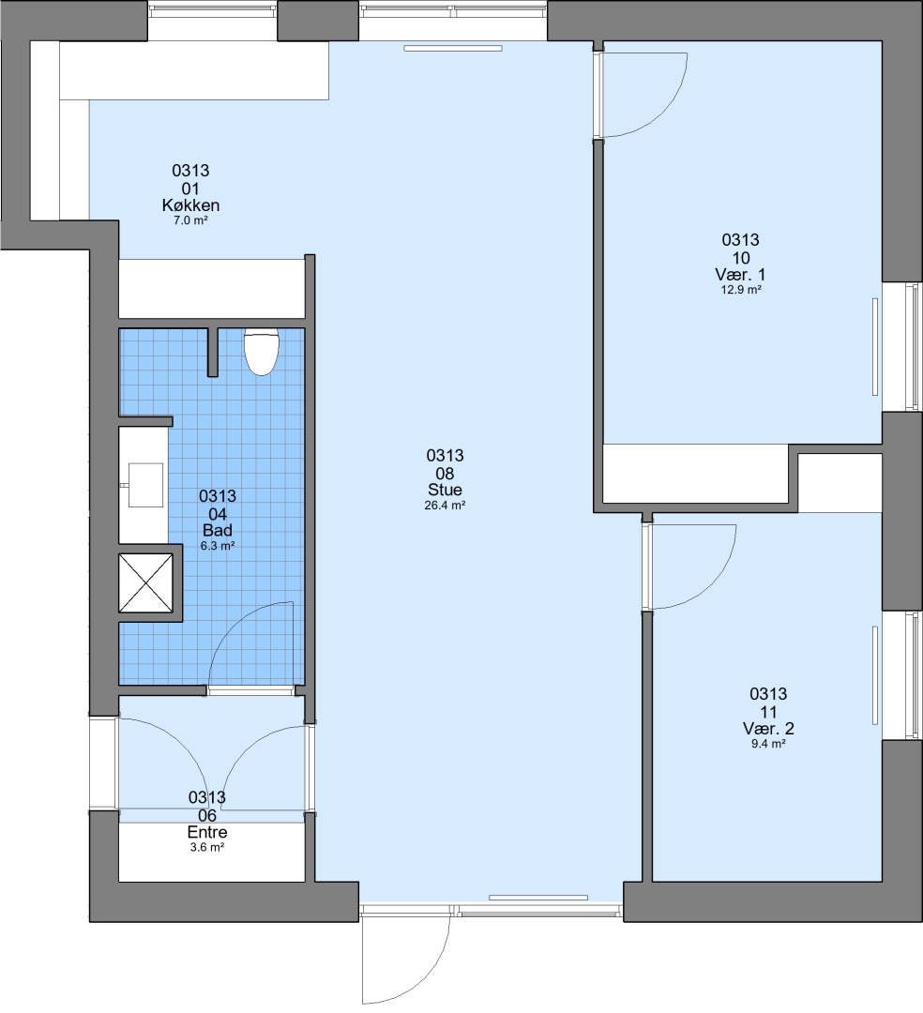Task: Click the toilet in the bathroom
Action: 262,352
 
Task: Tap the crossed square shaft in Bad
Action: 146,583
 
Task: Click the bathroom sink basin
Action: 146,485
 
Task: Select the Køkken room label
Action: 190,205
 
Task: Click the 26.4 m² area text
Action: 445,506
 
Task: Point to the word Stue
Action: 445,490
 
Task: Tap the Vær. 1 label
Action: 740,274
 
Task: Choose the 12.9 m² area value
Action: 741,290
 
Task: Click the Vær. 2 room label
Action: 768,729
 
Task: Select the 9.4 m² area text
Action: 768,744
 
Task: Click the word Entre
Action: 207,832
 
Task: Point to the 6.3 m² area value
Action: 218,546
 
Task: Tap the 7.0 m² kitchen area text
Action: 190,220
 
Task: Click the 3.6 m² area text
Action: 207,847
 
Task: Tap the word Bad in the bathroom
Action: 218,530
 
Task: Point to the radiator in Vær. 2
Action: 875,675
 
